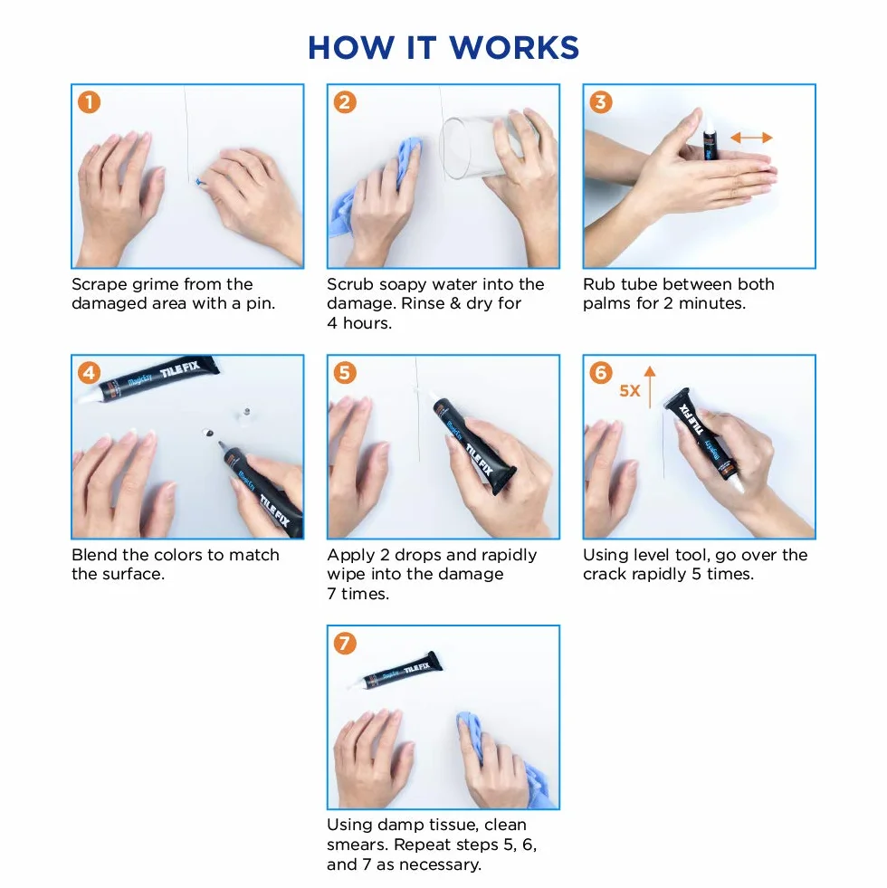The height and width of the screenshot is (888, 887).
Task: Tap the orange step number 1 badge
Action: tap(89, 102)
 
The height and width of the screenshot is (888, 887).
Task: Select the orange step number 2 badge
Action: tap(345, 102)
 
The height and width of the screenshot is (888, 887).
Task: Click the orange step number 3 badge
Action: tap(601, 102)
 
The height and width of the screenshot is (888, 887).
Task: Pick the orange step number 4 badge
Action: tap(89, 373)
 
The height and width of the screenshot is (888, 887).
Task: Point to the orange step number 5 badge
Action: tap(345, 373)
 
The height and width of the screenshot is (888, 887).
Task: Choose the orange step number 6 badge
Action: tap(601, 373)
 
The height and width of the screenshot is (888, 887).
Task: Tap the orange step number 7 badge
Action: tap(345, 644)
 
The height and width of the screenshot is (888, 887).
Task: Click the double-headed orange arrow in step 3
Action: tap(751, 138)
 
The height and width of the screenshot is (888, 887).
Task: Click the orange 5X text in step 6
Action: tap(629, 391)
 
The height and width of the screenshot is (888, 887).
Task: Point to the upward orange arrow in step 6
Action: tap(650, 387)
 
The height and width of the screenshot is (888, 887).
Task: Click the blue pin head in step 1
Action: tap(198, 182)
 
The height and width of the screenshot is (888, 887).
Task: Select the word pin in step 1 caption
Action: tap(260, 304)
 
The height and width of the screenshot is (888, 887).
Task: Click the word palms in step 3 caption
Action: tap(606, 304)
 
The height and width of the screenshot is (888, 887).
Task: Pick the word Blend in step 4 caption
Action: tap(95, 554)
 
